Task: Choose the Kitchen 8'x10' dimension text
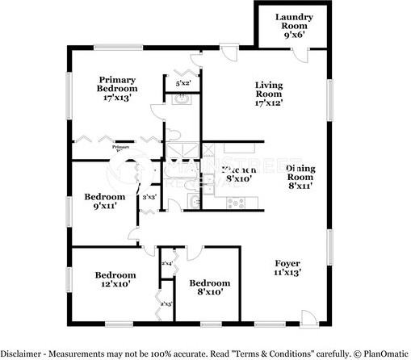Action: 239,180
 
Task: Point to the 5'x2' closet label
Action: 183,82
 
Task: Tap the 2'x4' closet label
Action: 167,264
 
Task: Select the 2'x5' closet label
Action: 167,303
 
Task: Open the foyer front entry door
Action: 308,316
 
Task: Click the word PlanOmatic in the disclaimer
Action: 386,354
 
